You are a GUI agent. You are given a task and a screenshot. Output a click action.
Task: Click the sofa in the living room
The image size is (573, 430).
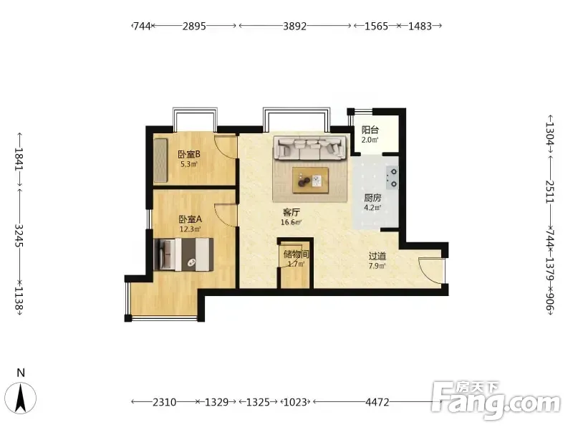point(310,148)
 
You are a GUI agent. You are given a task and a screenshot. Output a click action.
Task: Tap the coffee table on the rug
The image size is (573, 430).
point(310,180)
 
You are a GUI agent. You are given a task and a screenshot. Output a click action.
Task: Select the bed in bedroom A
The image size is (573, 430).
point(183,254)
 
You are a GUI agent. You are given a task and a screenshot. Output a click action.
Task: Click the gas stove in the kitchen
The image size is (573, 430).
point(393,178)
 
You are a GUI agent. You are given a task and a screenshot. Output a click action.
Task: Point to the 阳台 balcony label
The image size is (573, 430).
point(370,130)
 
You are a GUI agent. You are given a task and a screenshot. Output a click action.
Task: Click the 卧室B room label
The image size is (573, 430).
point(189,154)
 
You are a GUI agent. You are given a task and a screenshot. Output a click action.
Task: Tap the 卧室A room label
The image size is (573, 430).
point(190,219)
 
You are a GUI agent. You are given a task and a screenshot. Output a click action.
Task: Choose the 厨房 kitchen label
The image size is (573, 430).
point(372,199)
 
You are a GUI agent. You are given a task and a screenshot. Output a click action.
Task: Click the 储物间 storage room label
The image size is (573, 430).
point(296,254)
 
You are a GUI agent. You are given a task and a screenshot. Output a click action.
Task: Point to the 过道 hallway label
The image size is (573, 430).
point(377,256)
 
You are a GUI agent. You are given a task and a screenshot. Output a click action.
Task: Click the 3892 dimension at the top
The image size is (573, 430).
point(294,26)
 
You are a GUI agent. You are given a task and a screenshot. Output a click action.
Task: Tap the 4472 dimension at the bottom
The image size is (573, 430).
point(377,402)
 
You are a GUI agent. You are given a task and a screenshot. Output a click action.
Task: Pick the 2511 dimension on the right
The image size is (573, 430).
point(550,191)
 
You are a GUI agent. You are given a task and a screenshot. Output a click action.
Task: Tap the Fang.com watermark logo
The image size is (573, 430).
point(496,401)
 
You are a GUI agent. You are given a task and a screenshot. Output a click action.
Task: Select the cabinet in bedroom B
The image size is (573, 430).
point(160,160)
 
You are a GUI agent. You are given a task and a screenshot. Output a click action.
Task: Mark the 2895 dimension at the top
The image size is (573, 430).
point(194,26)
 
